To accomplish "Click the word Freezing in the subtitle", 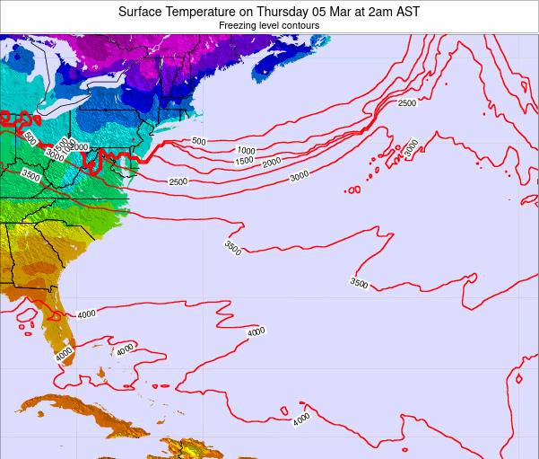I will point(239,26).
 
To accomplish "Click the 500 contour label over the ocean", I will point(198,141).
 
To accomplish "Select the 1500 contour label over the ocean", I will point(244,161).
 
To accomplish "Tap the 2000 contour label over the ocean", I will point(272,163).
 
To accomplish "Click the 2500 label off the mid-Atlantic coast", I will point(178,182).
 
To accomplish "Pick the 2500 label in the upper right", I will point(406,103).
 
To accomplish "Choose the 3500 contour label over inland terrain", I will point(30,176).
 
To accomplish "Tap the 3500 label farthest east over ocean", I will point(359,283).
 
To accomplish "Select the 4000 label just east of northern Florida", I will point(86,313).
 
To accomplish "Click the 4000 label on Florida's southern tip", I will point(63,356).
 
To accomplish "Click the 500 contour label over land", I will point(30,138).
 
